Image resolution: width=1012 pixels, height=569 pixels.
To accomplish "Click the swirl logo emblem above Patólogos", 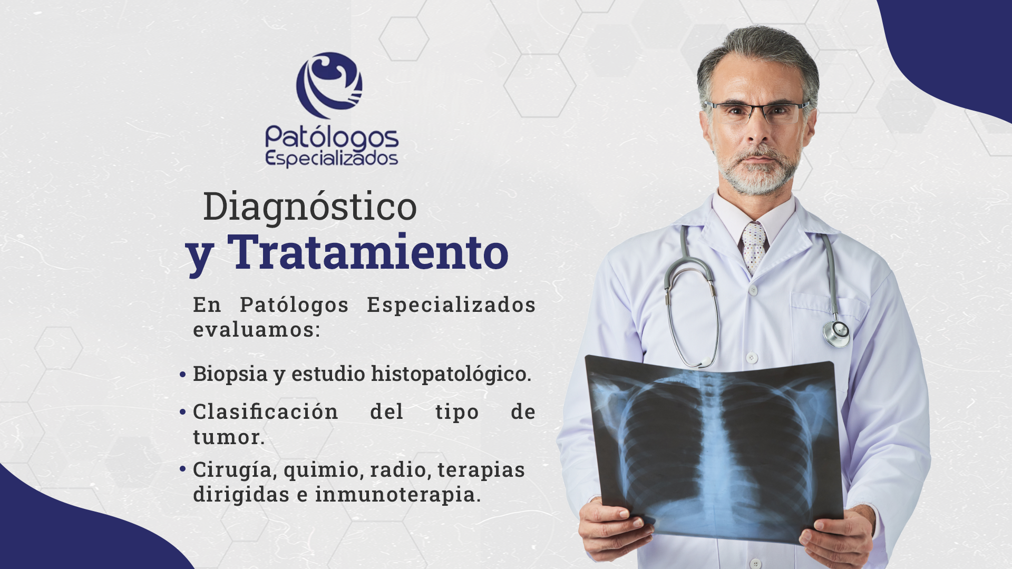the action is coord(329,85).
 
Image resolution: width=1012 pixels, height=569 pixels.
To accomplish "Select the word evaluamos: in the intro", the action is coord(257,330).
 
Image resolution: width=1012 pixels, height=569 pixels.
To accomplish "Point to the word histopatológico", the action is coord(451,374).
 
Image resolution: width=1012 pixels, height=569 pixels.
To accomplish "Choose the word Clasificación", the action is coord(266,411).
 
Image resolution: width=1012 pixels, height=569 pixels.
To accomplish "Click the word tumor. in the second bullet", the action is coord(229,437).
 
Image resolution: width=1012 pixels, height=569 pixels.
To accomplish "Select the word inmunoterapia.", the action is coord(398,495).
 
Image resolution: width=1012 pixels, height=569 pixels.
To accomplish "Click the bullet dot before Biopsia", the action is coord(182,375).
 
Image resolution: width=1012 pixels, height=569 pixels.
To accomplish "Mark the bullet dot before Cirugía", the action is coord(182,468).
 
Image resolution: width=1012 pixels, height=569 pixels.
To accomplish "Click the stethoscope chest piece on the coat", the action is coord(836,333).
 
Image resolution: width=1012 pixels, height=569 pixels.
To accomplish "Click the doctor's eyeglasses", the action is coord(757,112).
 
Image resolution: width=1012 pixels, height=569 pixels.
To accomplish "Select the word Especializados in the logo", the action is coord(332,159).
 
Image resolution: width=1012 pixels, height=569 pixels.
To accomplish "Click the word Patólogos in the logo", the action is coord(332,138).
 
